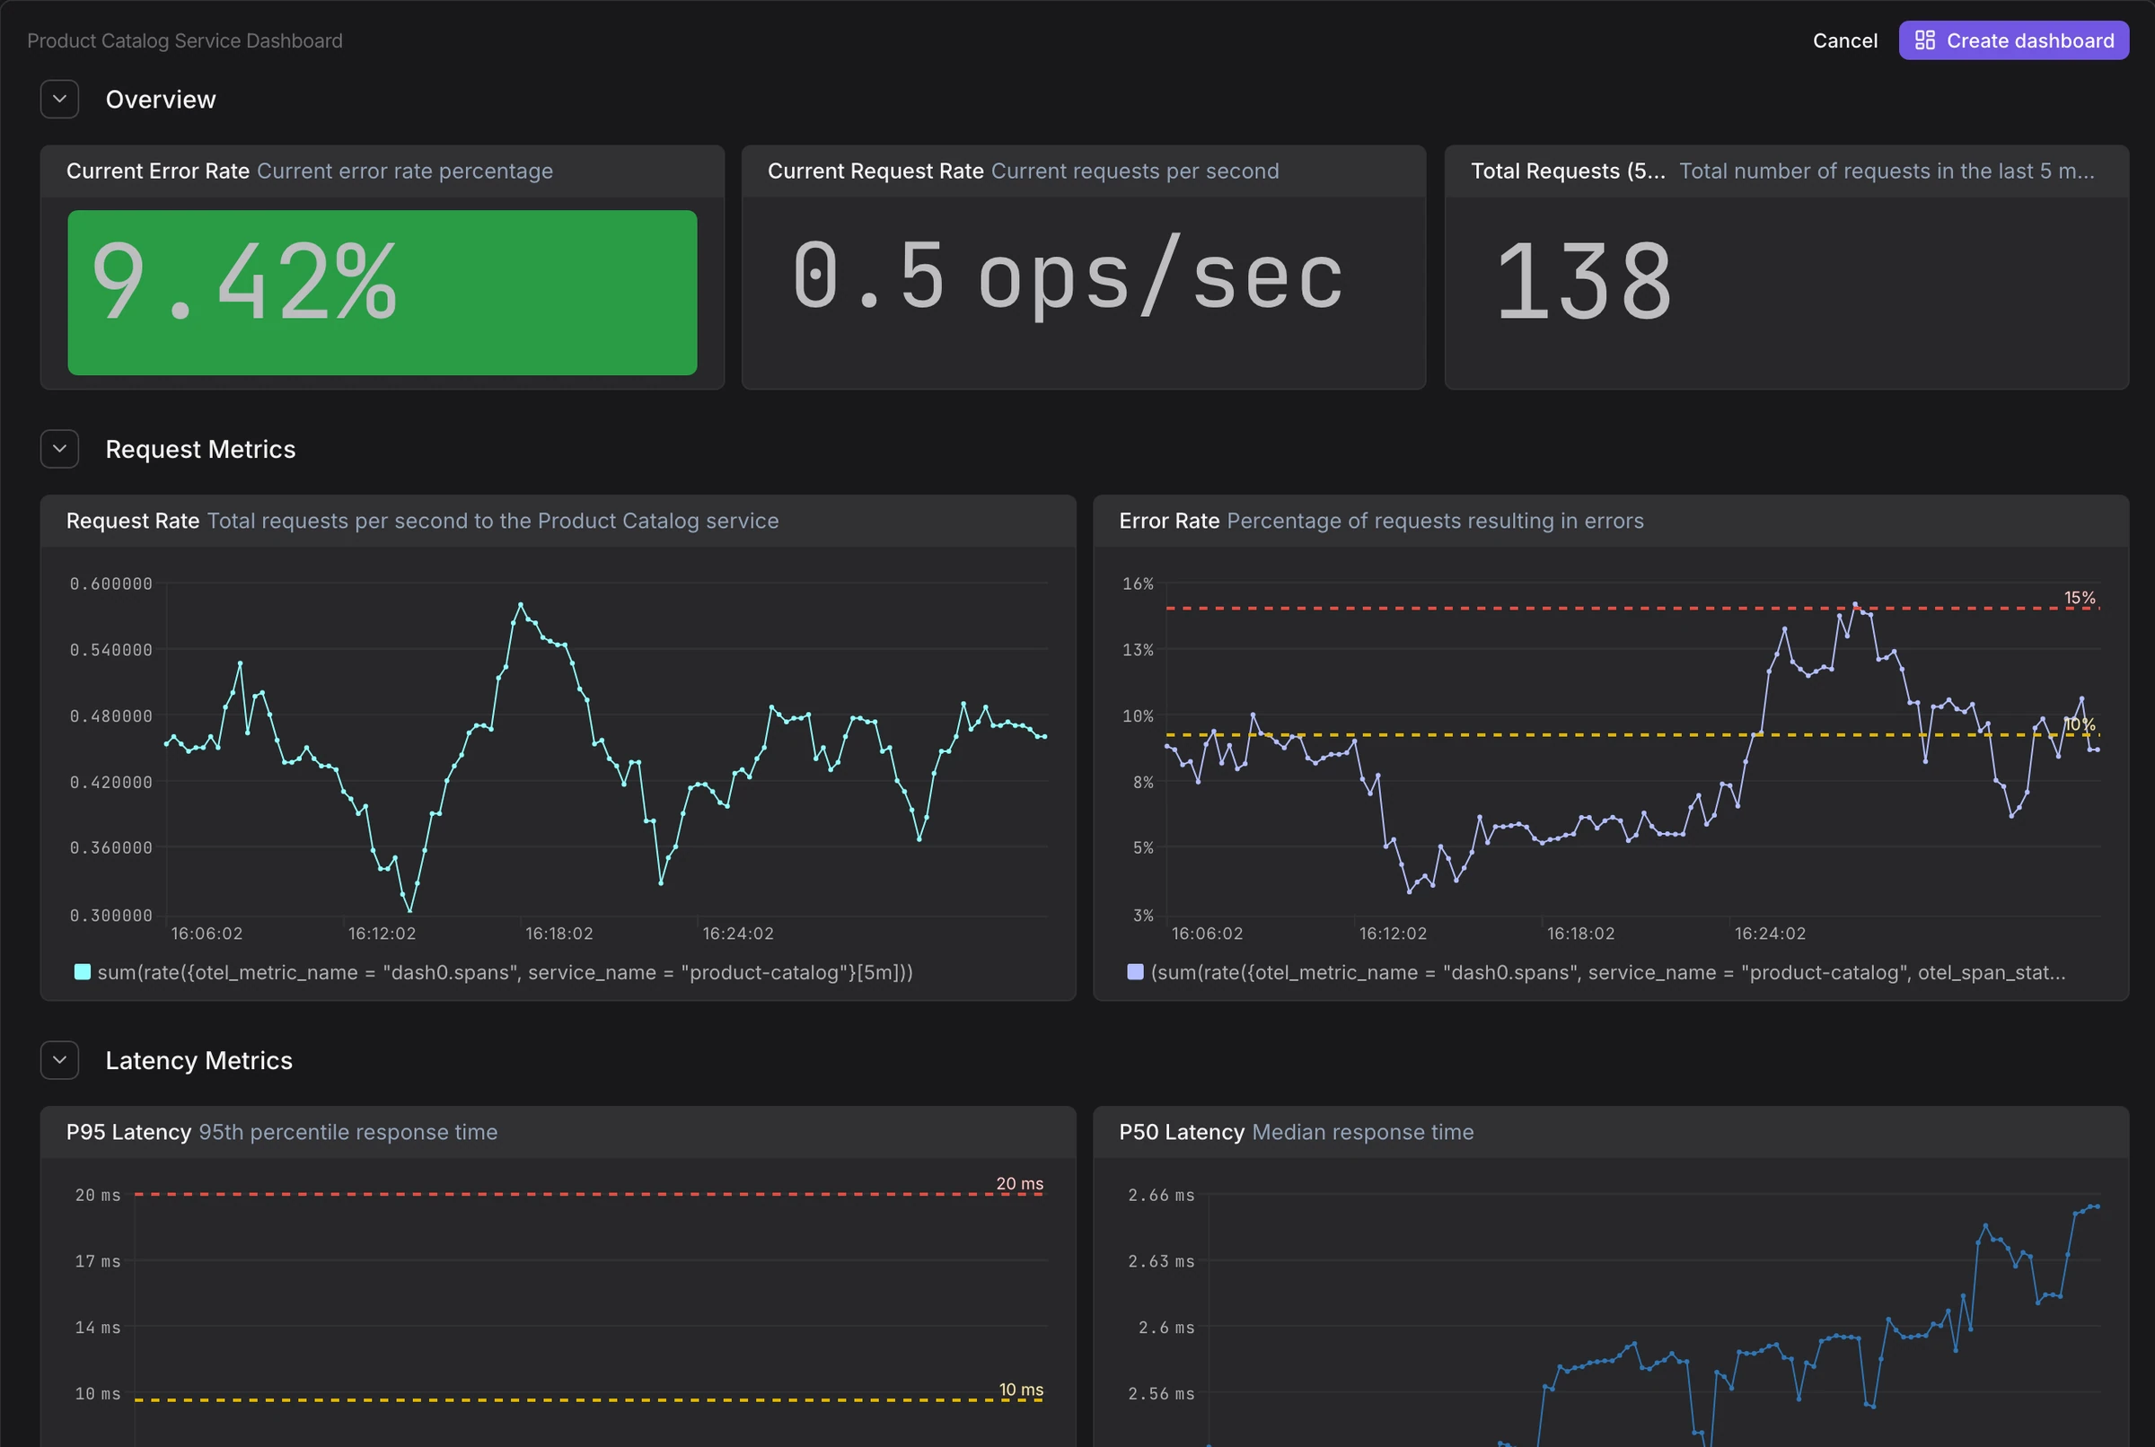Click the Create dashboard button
2013,40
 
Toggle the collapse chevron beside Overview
60,99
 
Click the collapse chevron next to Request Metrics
60,449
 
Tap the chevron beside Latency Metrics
60,1060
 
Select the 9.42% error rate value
244,281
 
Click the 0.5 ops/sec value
1068,276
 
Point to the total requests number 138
1584,281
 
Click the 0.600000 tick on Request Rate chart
110,583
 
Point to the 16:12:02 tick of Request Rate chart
383,933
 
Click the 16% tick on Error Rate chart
1138,583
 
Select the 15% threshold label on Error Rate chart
2080,598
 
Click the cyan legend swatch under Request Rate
82,972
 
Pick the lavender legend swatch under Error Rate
1135,972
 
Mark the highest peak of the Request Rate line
521,604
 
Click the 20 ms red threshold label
1020,1183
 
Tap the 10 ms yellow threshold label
1021,1389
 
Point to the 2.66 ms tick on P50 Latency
1161,1195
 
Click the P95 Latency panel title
128,1131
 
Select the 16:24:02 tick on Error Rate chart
1770,933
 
